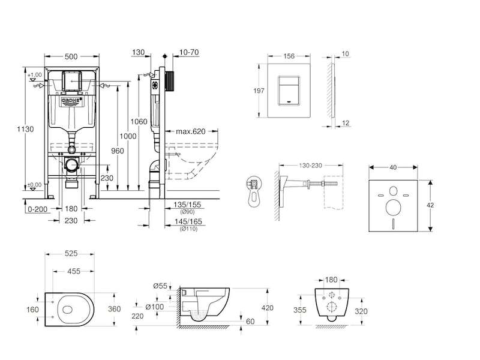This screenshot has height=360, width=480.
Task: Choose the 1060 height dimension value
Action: pos(139,122)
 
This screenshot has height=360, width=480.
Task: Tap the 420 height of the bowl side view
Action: pos(267,308)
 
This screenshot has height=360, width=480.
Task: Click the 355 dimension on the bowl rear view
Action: pos(302,311)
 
